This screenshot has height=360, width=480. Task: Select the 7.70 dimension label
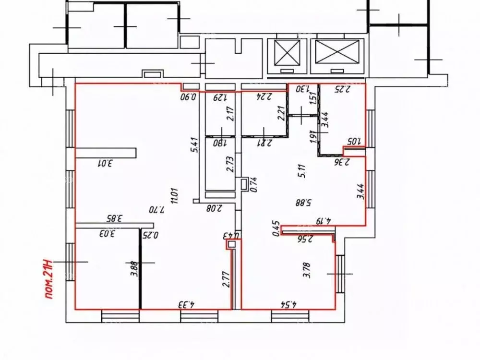(159, 210)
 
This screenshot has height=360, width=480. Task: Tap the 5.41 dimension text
(194, 146)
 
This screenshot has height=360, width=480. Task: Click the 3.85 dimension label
(111, 217)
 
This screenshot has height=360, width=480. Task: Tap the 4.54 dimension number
(288, 304)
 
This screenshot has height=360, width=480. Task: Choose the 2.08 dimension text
(212, 208)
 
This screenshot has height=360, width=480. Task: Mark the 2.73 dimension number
(229, 164)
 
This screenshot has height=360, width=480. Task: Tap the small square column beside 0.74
(244, 182)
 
